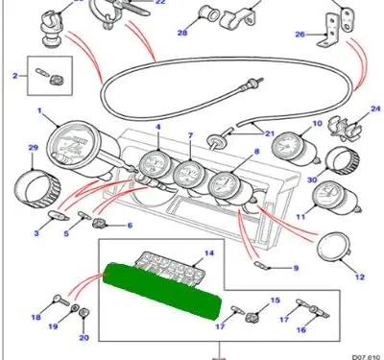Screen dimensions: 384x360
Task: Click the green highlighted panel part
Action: [x=163, y=291]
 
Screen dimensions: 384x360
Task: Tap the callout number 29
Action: [x=33, y=148]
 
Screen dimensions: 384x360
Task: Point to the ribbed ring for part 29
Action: [x=37, y=188]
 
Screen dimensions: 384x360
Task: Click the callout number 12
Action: [x=360, y=276]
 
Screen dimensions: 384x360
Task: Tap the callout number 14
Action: [x=209, y=253]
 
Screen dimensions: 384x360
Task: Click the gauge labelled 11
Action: [x=336, y=199]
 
